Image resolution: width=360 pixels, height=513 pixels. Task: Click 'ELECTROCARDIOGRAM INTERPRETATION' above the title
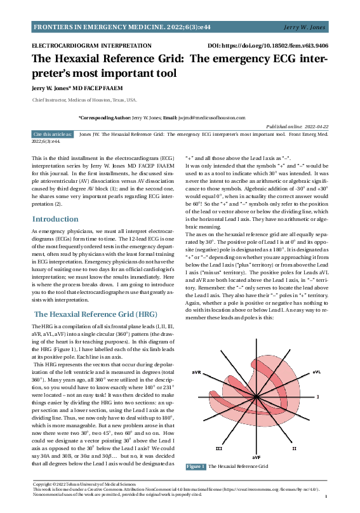(83, 46)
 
